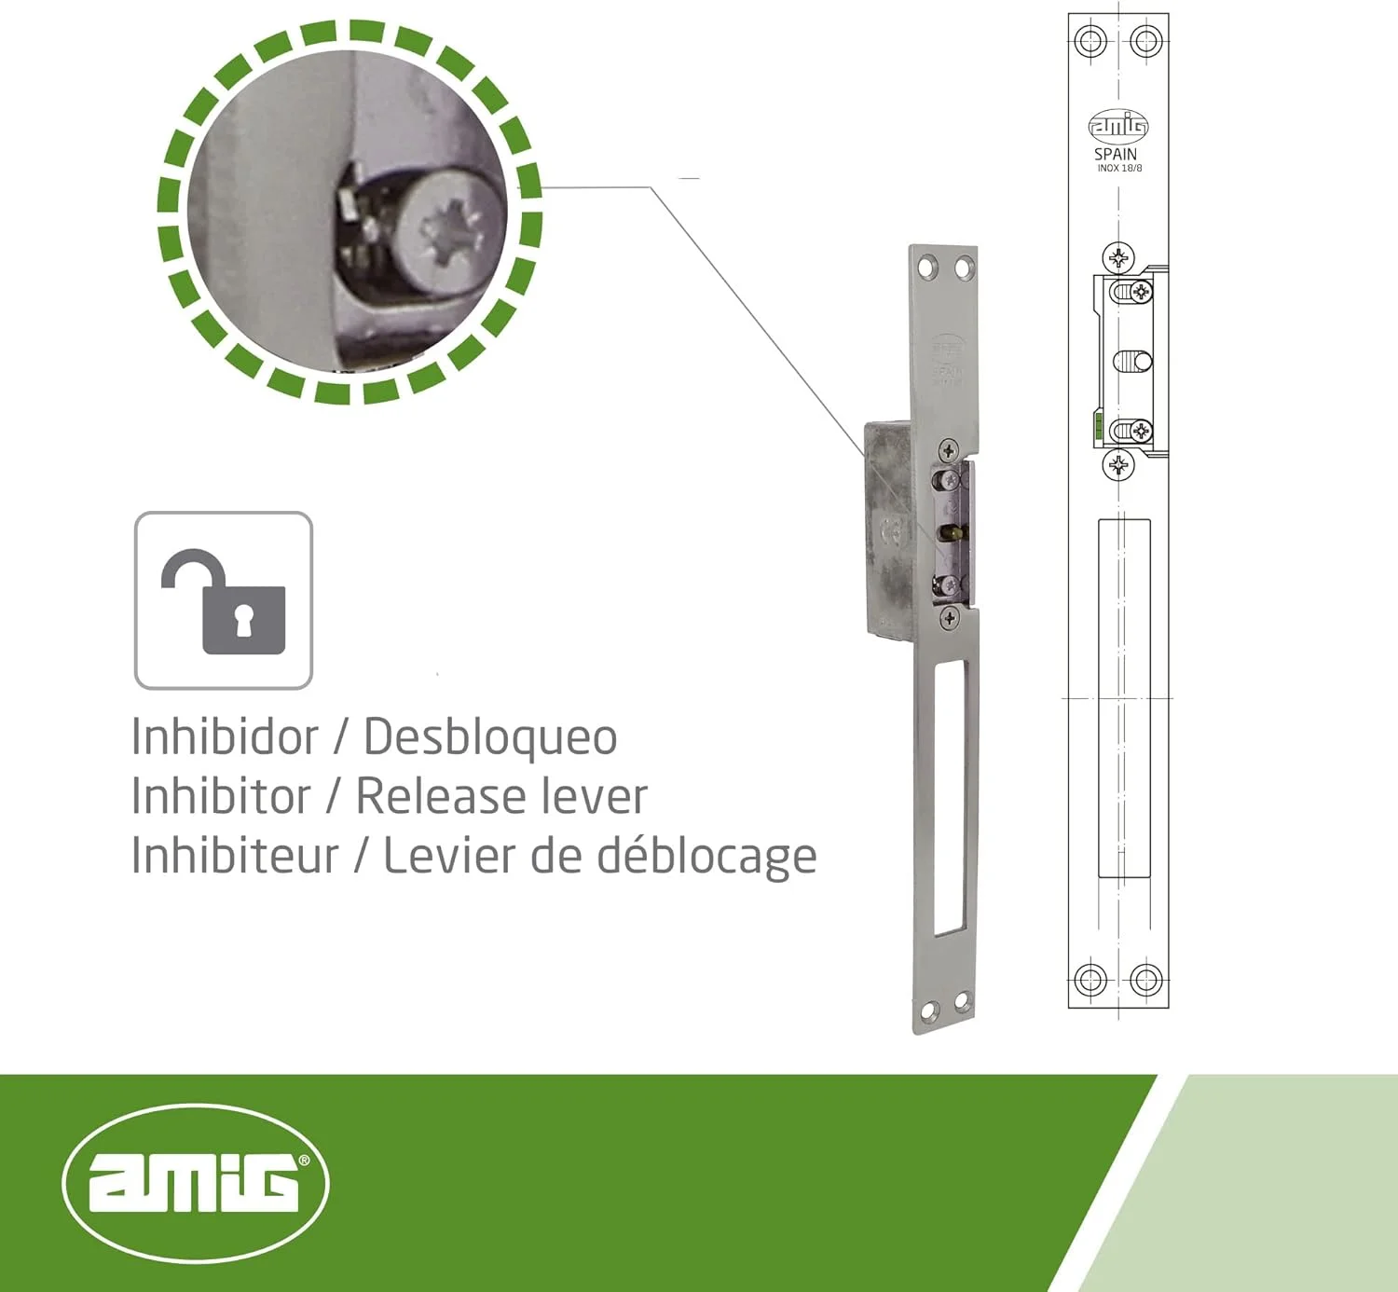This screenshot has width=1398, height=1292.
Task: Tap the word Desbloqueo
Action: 490,737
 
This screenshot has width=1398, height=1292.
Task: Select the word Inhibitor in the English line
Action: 221,796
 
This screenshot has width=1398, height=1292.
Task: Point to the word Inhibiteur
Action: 235,856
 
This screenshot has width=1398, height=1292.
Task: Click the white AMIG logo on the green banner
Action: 196,1182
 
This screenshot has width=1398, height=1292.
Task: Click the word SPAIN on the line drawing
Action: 1116,154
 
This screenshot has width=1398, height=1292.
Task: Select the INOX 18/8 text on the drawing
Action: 1119,169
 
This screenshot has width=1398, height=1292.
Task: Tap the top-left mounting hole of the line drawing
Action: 1090,41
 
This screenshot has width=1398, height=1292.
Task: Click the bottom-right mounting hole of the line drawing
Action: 1146,980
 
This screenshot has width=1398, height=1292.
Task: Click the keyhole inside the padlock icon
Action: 243,620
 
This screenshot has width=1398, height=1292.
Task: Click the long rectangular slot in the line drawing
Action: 1124,698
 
